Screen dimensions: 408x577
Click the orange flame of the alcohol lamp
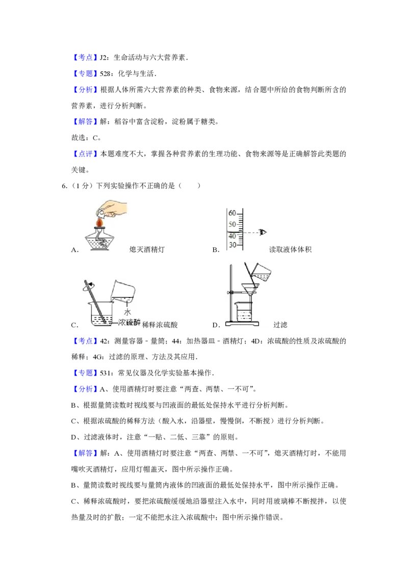pos(100,223)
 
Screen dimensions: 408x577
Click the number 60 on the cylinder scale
pos(232,213)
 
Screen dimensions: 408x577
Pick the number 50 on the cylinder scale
pos(232,224)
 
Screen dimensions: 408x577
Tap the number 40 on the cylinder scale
pos(232,236)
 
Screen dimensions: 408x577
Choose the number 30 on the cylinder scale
pos(232,245)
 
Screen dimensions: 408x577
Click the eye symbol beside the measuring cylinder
pos(263,232)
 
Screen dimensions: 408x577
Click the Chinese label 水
pos(127,312)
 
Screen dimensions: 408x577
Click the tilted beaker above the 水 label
pos(123,292)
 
